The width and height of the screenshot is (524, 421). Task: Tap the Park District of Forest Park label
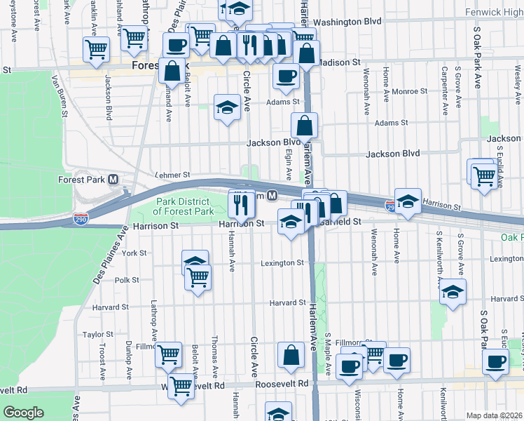click(184, 206)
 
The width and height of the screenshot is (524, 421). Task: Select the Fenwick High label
click(493, 13)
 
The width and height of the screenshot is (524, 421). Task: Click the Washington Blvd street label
click(347, 22)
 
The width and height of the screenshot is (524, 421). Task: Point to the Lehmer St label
click(172, 174)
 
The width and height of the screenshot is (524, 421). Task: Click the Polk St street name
click(127, 279)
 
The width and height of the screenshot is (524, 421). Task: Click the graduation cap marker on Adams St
click(226, 107)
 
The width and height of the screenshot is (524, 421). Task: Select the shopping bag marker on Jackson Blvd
click(305, 126)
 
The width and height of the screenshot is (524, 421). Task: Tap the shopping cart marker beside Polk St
click(198, 277)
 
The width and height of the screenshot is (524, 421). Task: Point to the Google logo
click(23, 413)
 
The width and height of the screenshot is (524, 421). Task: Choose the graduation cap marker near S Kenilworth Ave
click(453, 291)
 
